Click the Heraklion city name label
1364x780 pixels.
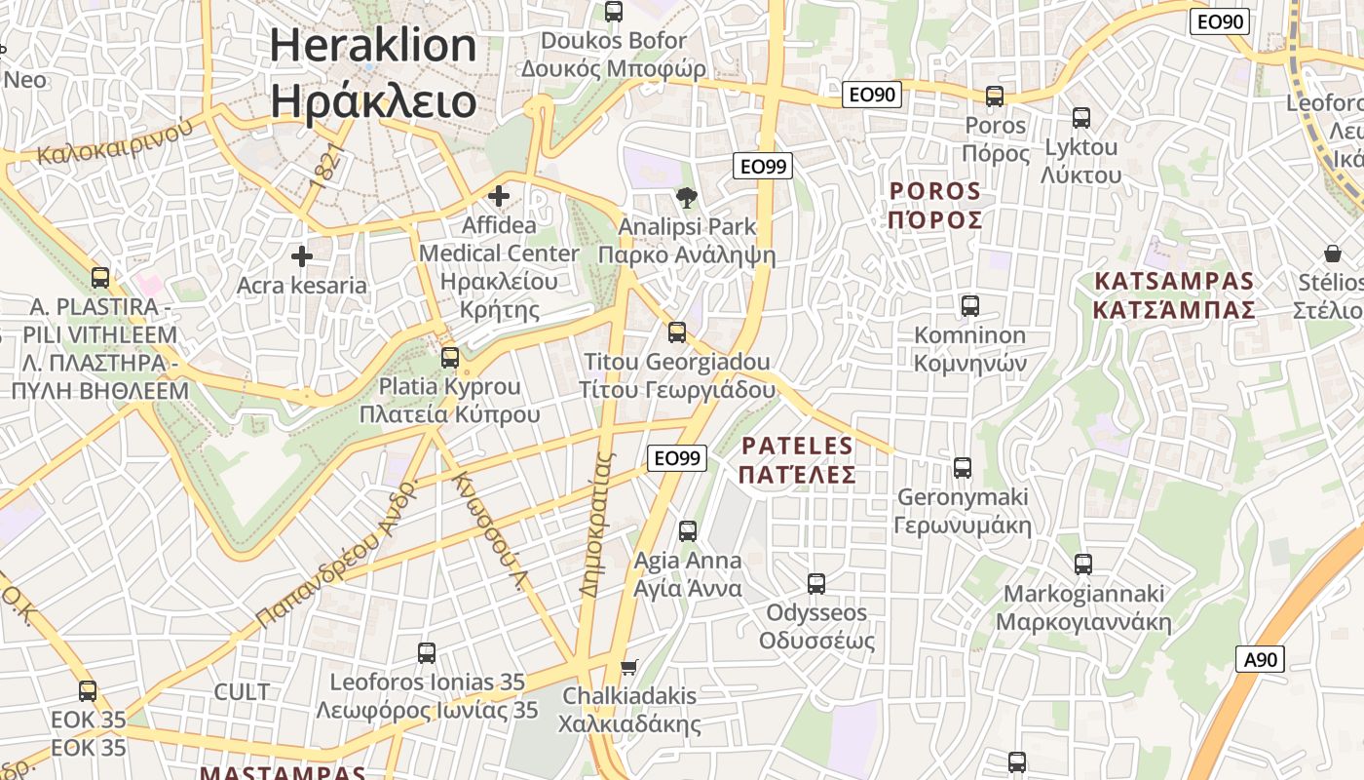(x=373, y=74)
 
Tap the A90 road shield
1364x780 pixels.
(x=1261, y=659)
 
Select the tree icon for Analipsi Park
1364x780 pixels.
(x=687, y=198)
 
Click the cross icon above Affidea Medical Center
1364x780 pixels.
(x=499, y=196)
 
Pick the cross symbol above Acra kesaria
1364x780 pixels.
(x=302, y=256)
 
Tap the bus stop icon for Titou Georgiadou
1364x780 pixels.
(x=677, y=332)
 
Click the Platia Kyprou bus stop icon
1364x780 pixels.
(x=449, y=357)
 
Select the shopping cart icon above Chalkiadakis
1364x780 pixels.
(x=629, y=668)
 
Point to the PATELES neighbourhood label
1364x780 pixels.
(x=797, y=460)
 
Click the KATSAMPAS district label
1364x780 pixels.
(x=1174, y=295)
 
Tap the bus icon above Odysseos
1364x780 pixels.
(x=816, y=584)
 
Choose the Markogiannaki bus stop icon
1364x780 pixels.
(x=1082, y=564)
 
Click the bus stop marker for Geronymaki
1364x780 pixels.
(x=963, y=468)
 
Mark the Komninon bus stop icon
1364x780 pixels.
(x=969, y=306)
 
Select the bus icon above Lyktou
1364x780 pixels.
(x=1080, y=118)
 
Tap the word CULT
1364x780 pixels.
(x=242, y=692)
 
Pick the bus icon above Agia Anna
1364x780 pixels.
(x=688, y=531)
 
